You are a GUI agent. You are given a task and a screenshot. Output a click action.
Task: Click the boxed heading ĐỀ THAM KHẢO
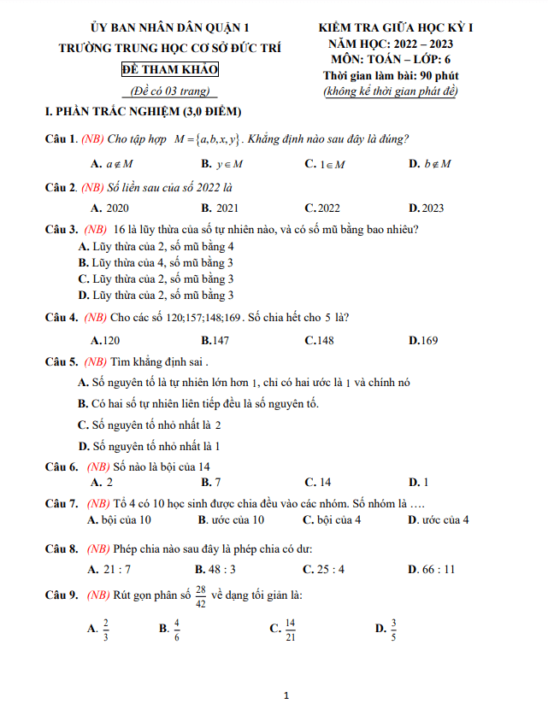169,69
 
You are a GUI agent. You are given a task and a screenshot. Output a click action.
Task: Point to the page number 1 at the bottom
287,695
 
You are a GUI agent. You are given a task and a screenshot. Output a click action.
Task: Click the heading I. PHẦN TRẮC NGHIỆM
143,112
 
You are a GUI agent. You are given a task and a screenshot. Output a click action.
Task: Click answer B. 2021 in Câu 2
220,208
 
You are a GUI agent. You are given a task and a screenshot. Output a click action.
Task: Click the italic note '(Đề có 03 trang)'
168,91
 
